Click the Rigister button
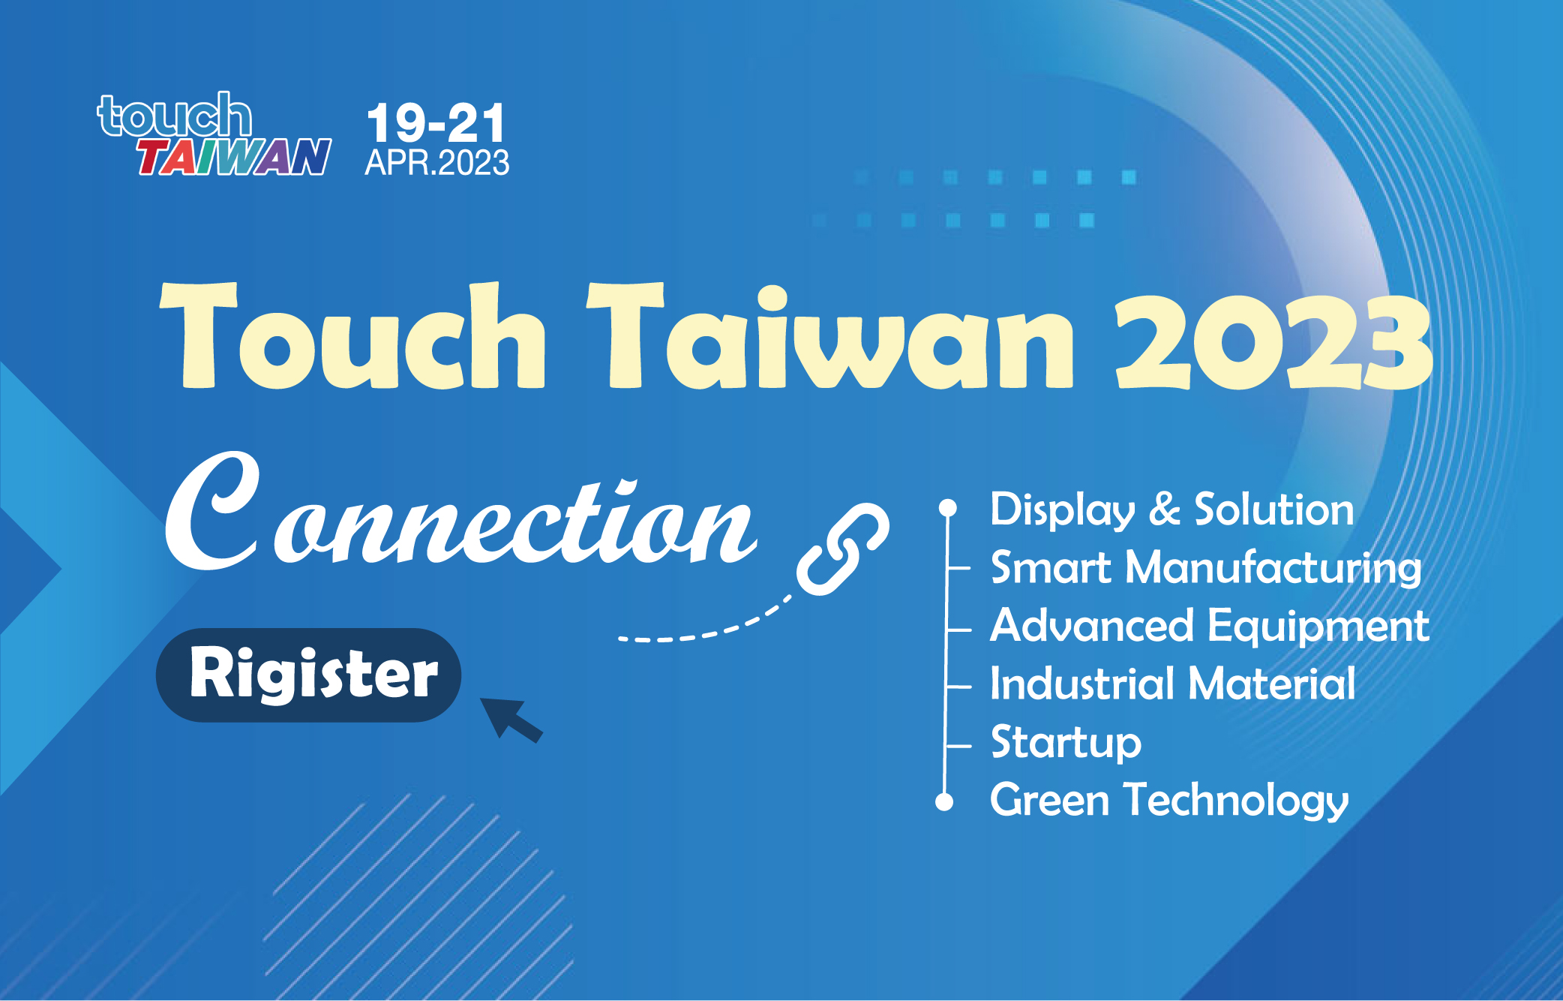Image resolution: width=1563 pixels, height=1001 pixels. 308,675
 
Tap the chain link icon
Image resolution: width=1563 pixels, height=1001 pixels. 843,549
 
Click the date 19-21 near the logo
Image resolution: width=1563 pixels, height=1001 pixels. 436,123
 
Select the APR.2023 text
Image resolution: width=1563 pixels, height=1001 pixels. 437,163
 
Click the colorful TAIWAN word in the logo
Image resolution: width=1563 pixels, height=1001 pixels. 234,157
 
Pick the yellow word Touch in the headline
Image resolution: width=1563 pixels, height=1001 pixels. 352,335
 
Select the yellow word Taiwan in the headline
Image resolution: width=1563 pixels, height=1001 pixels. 830,335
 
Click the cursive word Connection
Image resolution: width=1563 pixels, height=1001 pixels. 460,512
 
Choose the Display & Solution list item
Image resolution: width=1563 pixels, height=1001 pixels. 1172,510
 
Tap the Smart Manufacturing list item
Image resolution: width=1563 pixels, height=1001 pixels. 1206,568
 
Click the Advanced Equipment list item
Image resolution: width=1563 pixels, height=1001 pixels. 1210,626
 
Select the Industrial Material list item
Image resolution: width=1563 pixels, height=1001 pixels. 1173,684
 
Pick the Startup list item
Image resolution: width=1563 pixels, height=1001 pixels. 1066,743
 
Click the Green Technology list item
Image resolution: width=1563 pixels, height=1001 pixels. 1169,800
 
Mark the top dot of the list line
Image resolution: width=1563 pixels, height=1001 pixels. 948,508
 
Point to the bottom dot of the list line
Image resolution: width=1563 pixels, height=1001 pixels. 944,802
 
